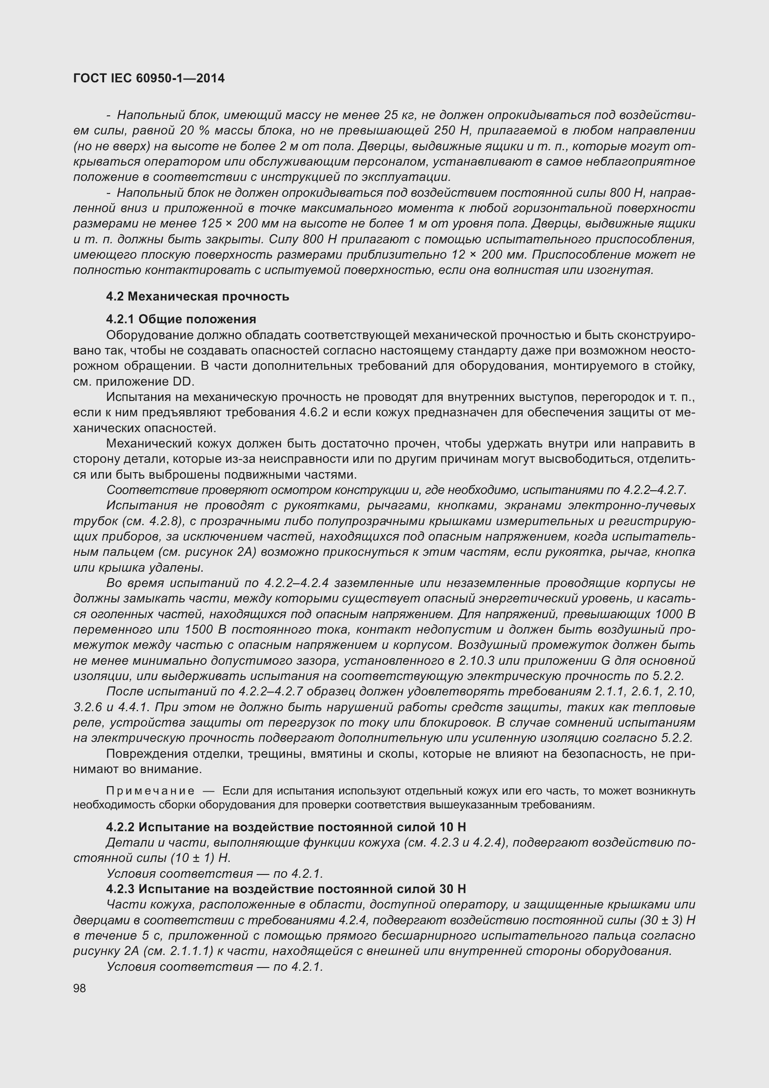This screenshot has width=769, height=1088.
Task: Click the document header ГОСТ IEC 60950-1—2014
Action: click(149, 78)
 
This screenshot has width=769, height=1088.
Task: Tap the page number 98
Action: click(80, 988)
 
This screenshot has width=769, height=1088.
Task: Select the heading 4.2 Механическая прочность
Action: click(198, 297)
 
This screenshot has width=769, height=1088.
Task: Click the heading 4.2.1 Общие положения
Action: click(181, 319)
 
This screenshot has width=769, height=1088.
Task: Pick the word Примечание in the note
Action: click(150, 791)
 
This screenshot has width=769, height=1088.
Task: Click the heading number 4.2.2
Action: click(120, 827)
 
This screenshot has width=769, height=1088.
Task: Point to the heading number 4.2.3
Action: click(120, 888)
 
